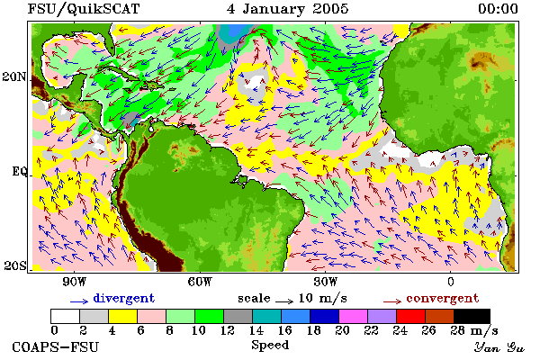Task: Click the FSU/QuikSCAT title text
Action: (84, 9)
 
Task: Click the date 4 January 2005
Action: (288, 9)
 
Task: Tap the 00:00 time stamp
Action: (498, 9)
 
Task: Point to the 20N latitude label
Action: (14, 76)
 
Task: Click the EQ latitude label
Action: (19, 171)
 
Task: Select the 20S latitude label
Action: (15, 265)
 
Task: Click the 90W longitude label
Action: (74, 282)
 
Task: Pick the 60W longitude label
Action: (200, 282)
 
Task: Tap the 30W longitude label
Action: (326, 282)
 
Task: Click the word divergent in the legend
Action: (124, 298)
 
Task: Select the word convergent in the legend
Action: (443, 298)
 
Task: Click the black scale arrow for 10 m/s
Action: (284, 301)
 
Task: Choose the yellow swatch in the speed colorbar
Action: (123, 316)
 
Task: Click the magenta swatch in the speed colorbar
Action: (354, 316)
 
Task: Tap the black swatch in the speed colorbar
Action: (472, 316)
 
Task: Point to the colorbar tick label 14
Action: (256, 330)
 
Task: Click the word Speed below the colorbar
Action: (270, 346)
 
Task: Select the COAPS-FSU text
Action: (56, 346)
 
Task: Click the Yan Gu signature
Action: (499, 347)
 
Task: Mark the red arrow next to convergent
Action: (392, 301)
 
